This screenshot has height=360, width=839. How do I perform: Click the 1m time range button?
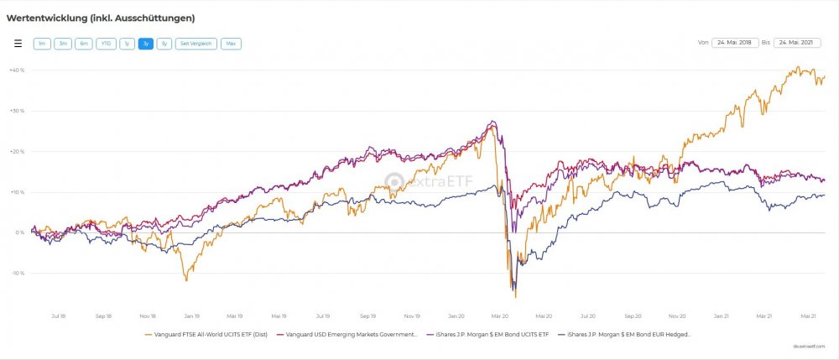[x=41, y=44]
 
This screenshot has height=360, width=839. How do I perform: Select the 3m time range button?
[x=62, y=44]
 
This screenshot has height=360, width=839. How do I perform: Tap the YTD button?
[x=106, y=44]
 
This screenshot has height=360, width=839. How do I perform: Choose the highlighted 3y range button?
[x=146, y=44]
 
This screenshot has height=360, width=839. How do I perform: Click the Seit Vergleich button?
[x=195, y=44]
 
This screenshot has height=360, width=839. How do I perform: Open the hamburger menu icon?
[x=18, y=44]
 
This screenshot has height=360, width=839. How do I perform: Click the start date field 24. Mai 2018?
[x=735, y=42]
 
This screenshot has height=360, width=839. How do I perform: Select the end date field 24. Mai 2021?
[x=797, y=42]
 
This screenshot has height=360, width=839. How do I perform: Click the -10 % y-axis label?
[x=16, y=274]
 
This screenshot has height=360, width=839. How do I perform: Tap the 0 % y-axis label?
[x=19, y=232]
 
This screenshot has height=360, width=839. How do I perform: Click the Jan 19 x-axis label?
[x=192, y=316]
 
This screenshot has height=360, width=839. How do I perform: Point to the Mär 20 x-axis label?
[x=501, y=316]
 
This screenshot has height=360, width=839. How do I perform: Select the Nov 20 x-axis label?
[x=677, y=316]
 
